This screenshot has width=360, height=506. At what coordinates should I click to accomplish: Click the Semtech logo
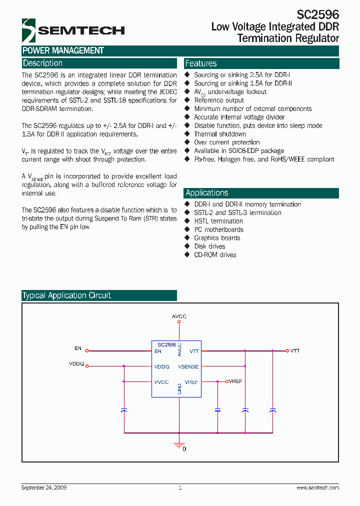pyautogui.click(x=72, y=30)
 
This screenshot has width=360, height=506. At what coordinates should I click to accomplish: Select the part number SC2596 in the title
pyautogui.click(x=317, y=14)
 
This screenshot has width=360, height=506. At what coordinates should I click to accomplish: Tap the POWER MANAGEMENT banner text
pyautogui.click(x=63, y=50)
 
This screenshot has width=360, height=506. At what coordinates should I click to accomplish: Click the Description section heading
pyautogui.click(x=43, y=63)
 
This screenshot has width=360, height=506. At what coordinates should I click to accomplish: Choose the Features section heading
pyautogui.click(x=201, y=63)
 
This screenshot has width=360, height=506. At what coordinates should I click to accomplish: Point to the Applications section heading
pyautogui.click(x=207, y=193)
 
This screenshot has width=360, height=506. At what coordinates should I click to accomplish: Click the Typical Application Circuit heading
pyautogui.click(x=66, y=295)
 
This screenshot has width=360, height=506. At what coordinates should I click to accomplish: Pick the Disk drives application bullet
pyautogui.click(x=209, y=246)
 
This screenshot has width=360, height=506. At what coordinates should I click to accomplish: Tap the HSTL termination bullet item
pyautogui.click(x=218, y=221)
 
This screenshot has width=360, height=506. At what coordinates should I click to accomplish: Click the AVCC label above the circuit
pyautogui.click(x=179, y=316)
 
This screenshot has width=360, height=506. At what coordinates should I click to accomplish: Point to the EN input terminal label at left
pyautogui.click(x=77, y=348)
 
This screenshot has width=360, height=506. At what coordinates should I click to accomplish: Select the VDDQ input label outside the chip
pyautogui.click(x=76, y=363)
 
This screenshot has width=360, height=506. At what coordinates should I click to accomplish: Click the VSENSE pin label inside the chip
pyautogui.click(x=188, y=367)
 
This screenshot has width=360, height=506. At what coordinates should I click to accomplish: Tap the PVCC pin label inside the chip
pyautogui.click(x=162, y=382)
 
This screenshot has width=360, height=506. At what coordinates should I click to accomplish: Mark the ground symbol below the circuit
pyautogui.click(x=179, y=444)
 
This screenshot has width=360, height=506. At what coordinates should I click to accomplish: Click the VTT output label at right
pyautogui.click(x=295, y=351)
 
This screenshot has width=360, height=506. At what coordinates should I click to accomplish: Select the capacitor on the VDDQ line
pyautogui.click(x=124, y=410)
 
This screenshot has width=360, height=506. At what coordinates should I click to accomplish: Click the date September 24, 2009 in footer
pyautogui.click(x=44, y=487)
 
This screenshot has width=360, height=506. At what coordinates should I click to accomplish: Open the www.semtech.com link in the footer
pyautogui.click(x=317, y=487)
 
